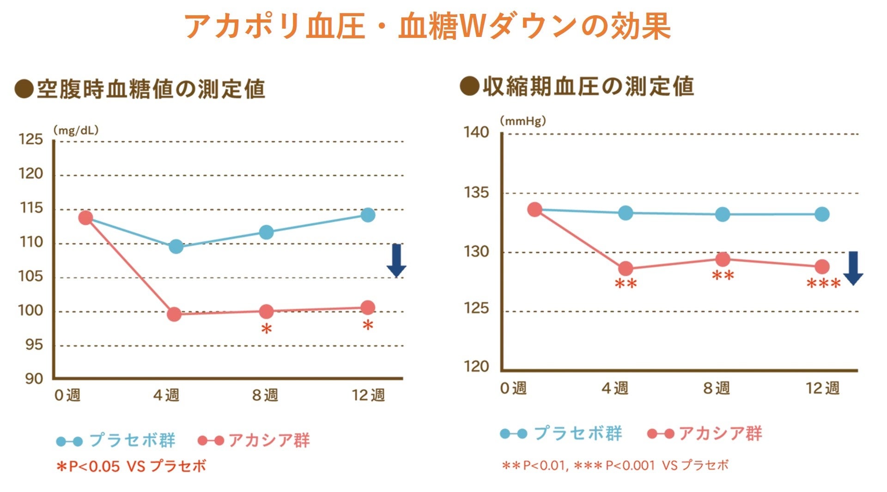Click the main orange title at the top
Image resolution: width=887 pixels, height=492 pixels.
pyautogui.click(x=427, y=26)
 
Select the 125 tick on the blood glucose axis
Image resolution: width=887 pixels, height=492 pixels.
pyautogui.click(x=30, y=140)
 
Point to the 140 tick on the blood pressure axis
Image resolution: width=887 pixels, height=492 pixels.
pyautogui.click(x=476, y=133)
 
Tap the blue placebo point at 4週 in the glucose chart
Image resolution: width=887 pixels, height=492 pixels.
pyautogui.click(x=176, y=246)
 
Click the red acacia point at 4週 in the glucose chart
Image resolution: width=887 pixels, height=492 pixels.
pyautogui.click(x=174, y=315)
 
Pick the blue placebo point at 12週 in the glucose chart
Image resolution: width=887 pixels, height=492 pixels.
pyautogui.click(x=368, y=215)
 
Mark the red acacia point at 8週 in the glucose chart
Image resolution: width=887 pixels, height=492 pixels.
pyautogui.click(x=267, y=312)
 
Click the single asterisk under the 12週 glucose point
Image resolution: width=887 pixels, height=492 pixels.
pyautogui.click(x=368, y=326)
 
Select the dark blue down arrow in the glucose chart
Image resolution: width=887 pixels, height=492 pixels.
pyautogui.click(x=396, y=261)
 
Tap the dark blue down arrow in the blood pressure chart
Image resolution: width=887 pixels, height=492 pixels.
pyautogui.click(x=853, y=268)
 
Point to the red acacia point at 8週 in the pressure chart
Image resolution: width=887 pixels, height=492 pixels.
pyautogui.click(x=723, y=259)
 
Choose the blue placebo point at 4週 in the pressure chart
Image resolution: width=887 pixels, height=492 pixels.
pyautogui.click(x=626, y=213)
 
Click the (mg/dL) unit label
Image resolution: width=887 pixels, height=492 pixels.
pyautogui.click(x=76, y=131)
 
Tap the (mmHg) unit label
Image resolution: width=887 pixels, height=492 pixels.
pyautogui.click(x=522, y=121)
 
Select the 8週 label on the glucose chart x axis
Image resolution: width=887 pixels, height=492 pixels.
pyautogui.click(x=265, y=395)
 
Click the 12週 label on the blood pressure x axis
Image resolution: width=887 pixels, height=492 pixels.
pyautogui.click(x=822, y=388)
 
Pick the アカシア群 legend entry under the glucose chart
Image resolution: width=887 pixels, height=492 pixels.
pyautogui.click(x=269, y=440)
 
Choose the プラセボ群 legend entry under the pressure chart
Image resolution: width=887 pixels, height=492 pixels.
pyautogui.click(x=577, y=433)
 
